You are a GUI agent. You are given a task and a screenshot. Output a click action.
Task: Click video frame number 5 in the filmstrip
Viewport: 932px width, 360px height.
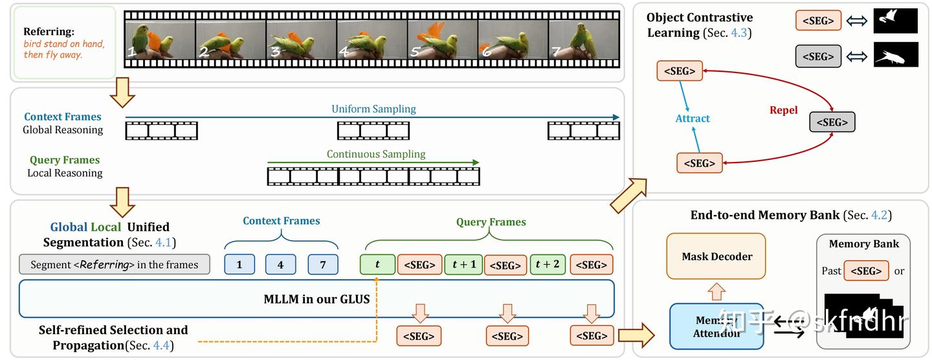(442, 40)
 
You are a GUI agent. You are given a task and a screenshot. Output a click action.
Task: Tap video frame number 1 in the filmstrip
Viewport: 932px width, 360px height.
(160, 40)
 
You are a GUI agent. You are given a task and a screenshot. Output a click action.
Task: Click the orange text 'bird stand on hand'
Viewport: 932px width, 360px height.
(63, 44)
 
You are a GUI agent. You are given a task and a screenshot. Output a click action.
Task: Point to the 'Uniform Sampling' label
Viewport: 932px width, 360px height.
(373, 109)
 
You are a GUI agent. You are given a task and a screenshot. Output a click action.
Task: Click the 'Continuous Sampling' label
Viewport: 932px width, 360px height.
(375, 154)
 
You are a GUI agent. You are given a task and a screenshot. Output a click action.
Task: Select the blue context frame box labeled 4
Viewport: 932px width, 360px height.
(280, 265)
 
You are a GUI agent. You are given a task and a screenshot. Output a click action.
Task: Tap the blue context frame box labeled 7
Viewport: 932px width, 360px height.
(323, 265)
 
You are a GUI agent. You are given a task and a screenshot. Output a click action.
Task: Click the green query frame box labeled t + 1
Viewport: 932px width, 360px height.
(463, 264)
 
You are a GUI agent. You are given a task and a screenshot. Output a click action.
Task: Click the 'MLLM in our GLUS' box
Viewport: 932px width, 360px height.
(316, 299)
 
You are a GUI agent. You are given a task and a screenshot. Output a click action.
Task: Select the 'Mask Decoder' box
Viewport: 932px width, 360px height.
(717, 256)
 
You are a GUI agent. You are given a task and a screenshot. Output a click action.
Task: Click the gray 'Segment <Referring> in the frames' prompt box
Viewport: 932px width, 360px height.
(115, 265)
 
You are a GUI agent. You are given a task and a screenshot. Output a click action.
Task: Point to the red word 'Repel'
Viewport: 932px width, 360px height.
(783, 110)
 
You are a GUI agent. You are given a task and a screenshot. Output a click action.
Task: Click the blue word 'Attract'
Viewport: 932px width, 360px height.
(693, 118)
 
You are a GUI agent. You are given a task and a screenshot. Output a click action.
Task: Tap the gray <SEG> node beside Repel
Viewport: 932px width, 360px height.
(832, 122)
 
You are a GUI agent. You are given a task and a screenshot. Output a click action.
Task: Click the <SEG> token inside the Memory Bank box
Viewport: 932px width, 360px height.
(866, 271)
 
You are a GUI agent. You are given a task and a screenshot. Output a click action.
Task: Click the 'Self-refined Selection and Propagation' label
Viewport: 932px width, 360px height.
(113, 337)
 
